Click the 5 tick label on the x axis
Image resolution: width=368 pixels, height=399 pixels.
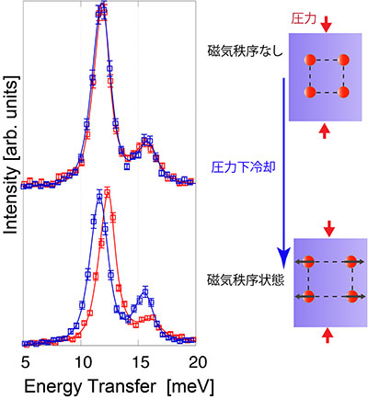click(x=26, y=359)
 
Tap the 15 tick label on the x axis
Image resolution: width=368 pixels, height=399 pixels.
click(x=140, y=359)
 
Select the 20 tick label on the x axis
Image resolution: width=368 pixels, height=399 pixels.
click(x=195, y=359)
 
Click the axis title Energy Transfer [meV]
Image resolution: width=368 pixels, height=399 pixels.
click(x=111, y=384)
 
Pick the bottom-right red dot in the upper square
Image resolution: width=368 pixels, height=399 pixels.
click(x=342, y=92)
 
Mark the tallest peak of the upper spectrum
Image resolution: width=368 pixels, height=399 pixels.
click(x=101, y=11)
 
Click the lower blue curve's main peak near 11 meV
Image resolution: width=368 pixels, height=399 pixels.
click(x=100, y=197)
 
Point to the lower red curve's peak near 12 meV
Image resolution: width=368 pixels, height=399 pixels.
click(x=109, y=192)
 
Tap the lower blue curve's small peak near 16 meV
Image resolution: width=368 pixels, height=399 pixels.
click(x=144, y=292)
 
